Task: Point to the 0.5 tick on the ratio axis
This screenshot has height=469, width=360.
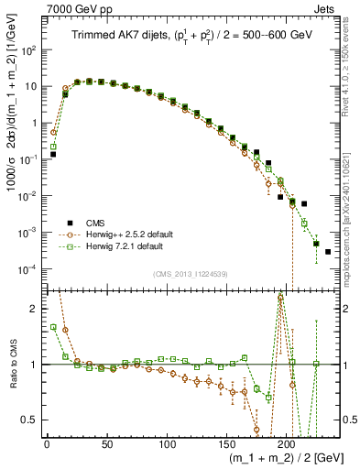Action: pyautogui.click(x=32, y=420)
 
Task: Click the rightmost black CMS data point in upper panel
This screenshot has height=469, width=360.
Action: pyautogui.click(x=328, y=252)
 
